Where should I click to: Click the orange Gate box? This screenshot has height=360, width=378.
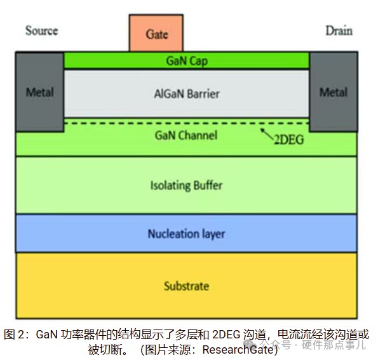[156, 33]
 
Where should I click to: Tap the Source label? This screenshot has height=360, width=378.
[42, 31]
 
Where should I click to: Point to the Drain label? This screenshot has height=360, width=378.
[339, 31]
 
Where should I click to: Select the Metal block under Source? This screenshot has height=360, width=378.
[40, 92]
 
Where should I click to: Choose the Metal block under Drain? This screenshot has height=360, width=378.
[334, 92]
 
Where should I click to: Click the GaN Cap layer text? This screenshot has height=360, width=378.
[187, 61]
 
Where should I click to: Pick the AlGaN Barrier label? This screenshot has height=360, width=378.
[187, 93]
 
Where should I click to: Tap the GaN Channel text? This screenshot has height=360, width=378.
[186, 135]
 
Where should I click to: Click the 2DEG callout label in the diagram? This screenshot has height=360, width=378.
[289, 140]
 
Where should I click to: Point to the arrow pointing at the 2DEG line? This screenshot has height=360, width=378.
[267, 134]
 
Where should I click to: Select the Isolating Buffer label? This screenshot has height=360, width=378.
[186, 185]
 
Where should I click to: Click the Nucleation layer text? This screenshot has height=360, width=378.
[186, 233]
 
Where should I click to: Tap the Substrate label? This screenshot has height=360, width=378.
[186, 286]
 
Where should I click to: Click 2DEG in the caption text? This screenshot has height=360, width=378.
[226, 335]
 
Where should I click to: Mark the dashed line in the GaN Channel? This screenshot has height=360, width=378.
[187, 123]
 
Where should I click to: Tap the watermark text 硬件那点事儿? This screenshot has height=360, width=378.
[334, 345]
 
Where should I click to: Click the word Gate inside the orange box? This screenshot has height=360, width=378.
[157, 34]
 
